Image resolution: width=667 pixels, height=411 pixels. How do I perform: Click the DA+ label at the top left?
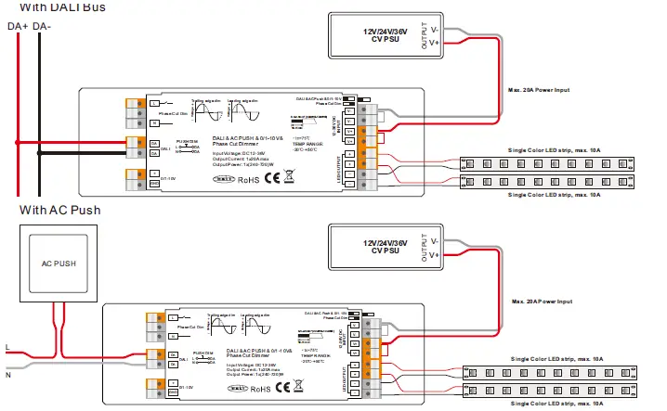click(x=18, y=27)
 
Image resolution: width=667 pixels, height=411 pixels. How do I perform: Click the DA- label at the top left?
click(x=42, y=27)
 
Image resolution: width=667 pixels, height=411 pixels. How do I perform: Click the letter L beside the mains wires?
click(x=7, y=348)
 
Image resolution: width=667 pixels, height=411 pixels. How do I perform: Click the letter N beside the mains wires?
click(x=7, y=375)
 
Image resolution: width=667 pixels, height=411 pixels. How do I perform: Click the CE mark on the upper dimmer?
click(x=272, y=179)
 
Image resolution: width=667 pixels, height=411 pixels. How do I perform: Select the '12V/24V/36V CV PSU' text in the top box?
click(x=390, y=35)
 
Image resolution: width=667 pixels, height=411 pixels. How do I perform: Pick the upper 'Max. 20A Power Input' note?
click(x=539, y=90)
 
